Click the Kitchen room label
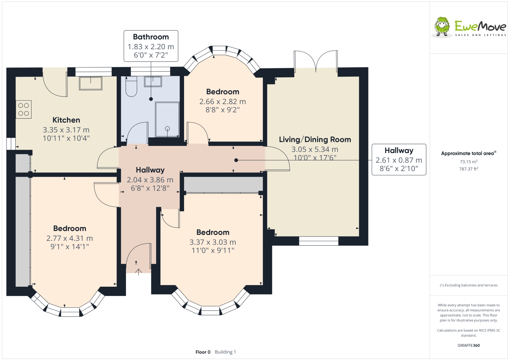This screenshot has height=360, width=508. click(x=66, y=120)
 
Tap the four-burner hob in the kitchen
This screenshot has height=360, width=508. click(x=23, y=110)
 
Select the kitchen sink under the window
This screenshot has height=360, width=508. click(x=90, y=83)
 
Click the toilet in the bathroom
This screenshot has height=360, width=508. click(x=131, y=87)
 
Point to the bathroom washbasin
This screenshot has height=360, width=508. click(x=153, y=81)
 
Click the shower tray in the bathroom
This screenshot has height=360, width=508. click(x=167, y=120)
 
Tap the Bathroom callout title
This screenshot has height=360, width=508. click(x=151, y=37)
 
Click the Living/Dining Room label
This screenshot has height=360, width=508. click(x=315, y=139)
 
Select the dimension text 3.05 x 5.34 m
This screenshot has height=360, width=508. click(x=315, y=149)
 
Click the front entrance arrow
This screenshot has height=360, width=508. click(x=139, y=272)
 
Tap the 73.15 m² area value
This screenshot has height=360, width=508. click(x=469, y=162)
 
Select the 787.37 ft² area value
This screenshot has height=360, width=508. click(x=469, y=169)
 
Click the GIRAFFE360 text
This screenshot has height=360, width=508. click(x=469, y=345)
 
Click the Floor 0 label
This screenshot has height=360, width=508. click(x=203, y=352)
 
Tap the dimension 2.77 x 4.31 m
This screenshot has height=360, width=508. click(x=70, y=238)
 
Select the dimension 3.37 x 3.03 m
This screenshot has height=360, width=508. click(x=213, y=242)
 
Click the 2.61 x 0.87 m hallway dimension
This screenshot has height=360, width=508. click(x=399, y=160)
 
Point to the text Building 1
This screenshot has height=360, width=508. click(x=225, y=352)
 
